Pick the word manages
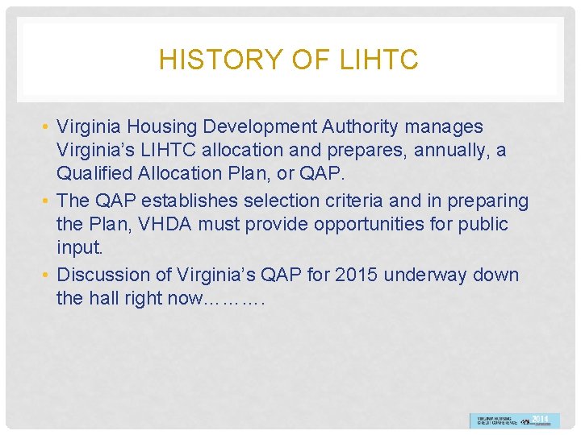coord(446,127)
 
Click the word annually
coord(443,150)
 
